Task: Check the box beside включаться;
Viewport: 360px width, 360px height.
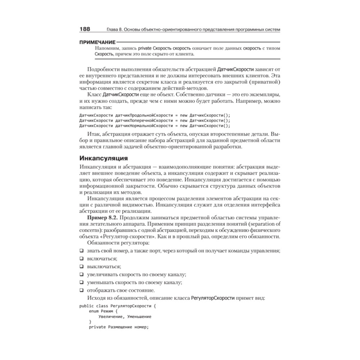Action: (81, 258)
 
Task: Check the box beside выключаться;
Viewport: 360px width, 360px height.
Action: (81, 266)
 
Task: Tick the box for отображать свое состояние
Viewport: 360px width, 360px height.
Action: (81, 290)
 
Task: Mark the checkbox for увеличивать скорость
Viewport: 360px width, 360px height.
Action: (81, 274)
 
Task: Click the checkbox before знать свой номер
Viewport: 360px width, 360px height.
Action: (81, 251)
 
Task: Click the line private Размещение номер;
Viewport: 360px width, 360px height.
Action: (118, 327)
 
